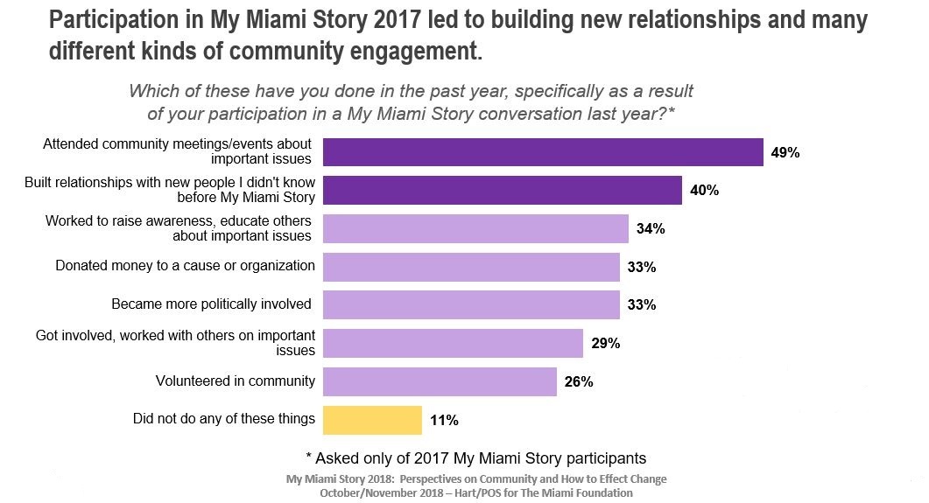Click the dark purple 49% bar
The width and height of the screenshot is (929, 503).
click(543, 152)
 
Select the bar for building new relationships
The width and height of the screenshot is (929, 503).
click(503, 190)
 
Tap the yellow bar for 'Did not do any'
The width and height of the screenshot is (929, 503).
click(372, 420)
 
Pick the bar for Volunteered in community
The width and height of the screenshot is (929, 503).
click(440, 381)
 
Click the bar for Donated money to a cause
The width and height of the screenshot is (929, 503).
click(471, 267)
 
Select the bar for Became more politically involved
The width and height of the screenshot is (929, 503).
click(471, 305)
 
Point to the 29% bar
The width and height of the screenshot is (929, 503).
click(453, 344)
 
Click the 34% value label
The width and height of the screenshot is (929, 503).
click(651, 229)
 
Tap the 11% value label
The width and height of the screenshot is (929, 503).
click(444, 421)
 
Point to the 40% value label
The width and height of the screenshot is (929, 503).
click(705, 191)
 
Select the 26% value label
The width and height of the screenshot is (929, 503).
click(579, 382)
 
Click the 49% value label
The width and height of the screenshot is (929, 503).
click(785, 152)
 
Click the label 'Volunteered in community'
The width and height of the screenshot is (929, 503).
click(235, 381)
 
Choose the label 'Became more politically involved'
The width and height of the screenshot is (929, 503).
click(213, 304)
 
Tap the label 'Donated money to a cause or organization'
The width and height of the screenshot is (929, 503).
click(185, 265)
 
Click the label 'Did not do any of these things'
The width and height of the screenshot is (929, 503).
click(223, 419)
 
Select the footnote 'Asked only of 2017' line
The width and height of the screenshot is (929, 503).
click(475, 458)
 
